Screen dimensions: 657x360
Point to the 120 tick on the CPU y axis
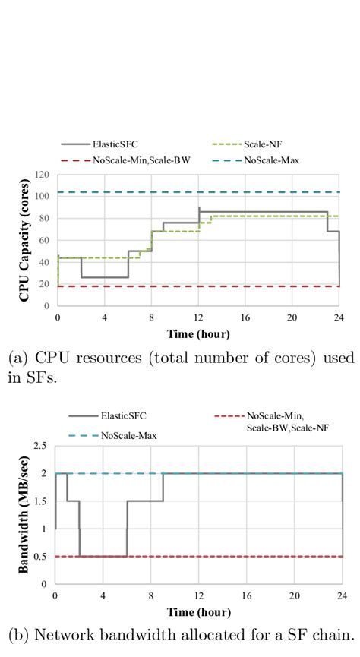(x=43, y=175)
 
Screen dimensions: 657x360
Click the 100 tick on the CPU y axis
(x=43, y=197)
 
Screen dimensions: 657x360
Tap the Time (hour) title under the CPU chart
(x=198, y=333)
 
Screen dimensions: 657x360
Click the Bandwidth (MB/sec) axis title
(x=24, y=519)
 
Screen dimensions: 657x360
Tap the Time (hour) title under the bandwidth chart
(x=198, y=612)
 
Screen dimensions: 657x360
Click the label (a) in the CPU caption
(x=15, y=355)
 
